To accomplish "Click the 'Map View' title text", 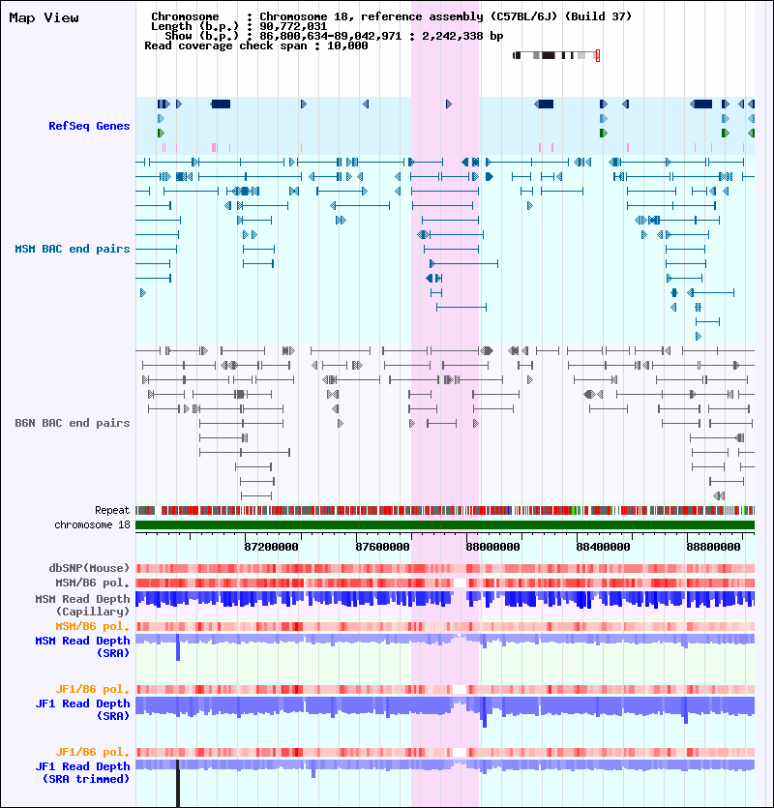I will click(x=44, y=17).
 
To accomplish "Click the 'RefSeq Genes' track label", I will click(x=89, y=126).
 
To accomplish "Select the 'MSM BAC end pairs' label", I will click(x=72, y=249).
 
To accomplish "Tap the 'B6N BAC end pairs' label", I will click(x=72, y=423).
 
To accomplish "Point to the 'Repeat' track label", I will click(x=111, y=510).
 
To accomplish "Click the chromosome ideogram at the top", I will click(x=555, y=56).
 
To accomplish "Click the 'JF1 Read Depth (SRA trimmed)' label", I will click(x=82, y=772).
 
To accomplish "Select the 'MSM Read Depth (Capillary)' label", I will click(x=82, y=605).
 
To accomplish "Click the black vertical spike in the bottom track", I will click(x=178, y=784).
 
